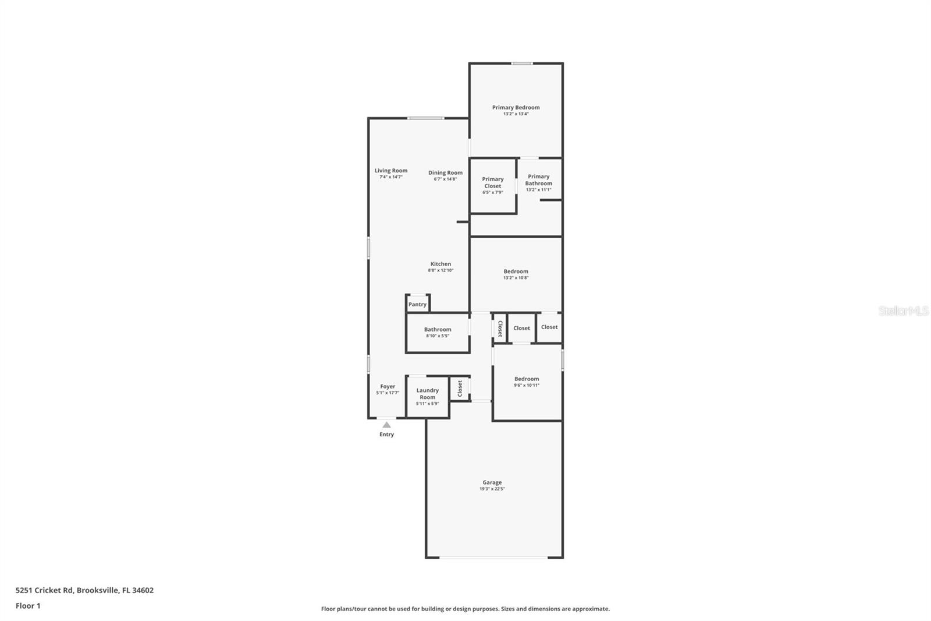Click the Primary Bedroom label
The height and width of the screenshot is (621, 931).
516,107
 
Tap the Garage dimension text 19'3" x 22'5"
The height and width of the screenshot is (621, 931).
492,489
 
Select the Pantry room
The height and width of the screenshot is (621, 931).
417,304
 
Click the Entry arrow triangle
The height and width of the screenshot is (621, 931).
386,425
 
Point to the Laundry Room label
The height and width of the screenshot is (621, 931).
427,394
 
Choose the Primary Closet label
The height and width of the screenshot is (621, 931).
492,182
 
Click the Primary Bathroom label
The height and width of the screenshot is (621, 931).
538,179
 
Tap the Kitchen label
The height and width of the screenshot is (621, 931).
440,264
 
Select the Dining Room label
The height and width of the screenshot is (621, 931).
445,172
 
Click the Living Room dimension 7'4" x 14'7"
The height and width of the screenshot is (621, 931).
391,177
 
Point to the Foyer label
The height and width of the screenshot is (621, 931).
388,386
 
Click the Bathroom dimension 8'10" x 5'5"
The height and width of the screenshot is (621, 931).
438,336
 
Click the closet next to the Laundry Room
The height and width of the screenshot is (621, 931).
460,388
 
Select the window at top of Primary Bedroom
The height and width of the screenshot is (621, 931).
522,63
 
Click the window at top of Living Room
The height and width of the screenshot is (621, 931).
426,118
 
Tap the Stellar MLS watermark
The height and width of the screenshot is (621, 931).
903,311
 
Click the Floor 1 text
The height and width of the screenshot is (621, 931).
28,606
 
